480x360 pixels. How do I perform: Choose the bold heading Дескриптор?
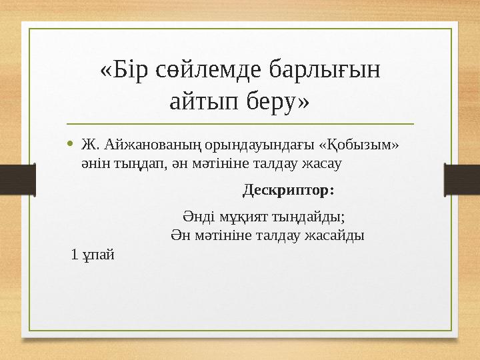(x=288, y=191)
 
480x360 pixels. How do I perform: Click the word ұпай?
(x=98, y=254)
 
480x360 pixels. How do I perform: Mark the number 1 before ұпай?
(x=75, y=254)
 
